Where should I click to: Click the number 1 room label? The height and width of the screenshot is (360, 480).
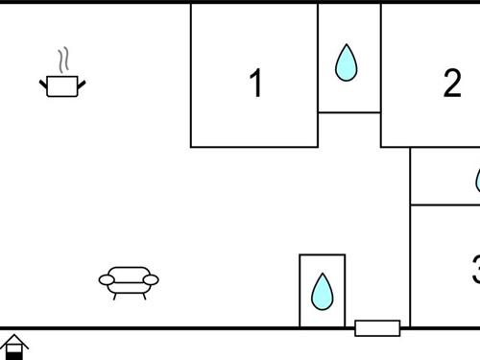tap(255, 84)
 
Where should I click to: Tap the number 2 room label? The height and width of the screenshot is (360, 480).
tap(452, 84)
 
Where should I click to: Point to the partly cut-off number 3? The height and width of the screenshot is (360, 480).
tap(475, 270)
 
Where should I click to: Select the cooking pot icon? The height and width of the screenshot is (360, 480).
tap(62, 86)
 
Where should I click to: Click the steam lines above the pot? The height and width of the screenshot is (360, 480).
tap(64, 60)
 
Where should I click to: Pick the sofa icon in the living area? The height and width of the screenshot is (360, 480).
tap(129, 281)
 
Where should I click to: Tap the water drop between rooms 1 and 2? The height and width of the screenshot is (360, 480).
tap(346, 62)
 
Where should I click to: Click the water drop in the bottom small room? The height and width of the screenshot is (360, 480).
tap(322, 290)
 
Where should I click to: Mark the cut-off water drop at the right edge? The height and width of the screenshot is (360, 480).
tap(477, 180)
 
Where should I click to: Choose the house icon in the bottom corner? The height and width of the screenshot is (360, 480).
tap(13, 347)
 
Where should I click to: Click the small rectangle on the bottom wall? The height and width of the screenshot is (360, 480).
tap(377, 328)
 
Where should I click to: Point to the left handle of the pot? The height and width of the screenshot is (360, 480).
tap(43, 84)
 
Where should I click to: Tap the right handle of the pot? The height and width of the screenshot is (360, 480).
tap(82, 84)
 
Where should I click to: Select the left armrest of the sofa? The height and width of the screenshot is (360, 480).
tap(107, 280)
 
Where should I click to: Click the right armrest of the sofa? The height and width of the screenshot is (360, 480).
tap(151, 280)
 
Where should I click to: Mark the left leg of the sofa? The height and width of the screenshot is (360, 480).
tap(115, 295)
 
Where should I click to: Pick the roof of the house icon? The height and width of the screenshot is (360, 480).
tap(13, 340)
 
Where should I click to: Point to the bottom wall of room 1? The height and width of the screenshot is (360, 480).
tap(254, 147)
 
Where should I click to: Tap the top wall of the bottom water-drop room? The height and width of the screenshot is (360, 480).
tap(322, 254)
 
